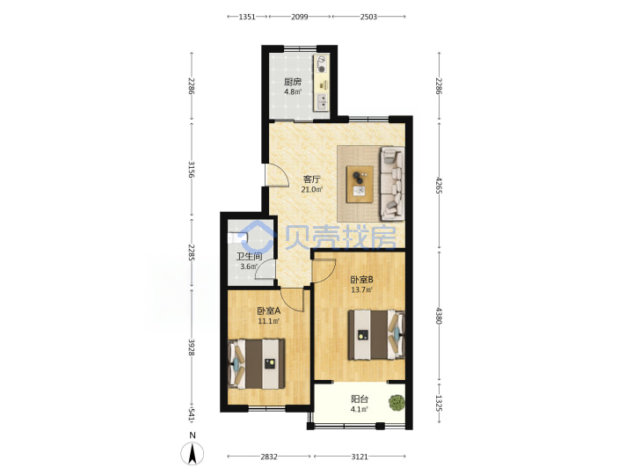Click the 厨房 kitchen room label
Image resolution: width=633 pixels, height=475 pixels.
click(292, 82)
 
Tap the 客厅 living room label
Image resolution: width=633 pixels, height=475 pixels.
click(311, 179)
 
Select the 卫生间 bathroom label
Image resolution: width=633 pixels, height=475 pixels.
click(249, 257)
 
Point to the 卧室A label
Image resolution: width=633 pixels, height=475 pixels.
click(269, 311)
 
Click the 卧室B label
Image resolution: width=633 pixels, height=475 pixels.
click(361, 280)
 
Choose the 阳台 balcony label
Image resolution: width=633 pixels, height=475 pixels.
click(360, 399)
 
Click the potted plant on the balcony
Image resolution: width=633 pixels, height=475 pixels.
click(397, 403)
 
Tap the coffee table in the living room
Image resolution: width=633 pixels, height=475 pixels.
click(360, 184)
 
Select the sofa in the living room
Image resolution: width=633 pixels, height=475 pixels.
click(391, 184)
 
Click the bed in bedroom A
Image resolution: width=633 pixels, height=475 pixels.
click(257, 364)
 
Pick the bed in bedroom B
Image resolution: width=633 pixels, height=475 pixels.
click(376, 334)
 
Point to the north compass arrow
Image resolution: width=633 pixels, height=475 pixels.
click(193, 453)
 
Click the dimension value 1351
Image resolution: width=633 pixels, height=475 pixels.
click(247, 17)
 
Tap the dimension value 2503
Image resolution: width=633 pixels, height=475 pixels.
click(368, 17)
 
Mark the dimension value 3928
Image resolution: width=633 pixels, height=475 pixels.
click(192, 347)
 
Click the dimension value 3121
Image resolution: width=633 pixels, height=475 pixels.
click(360, 457)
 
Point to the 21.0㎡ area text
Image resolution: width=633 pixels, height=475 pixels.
click(312, 189)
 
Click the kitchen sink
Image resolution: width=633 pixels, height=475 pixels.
click(322, 101)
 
